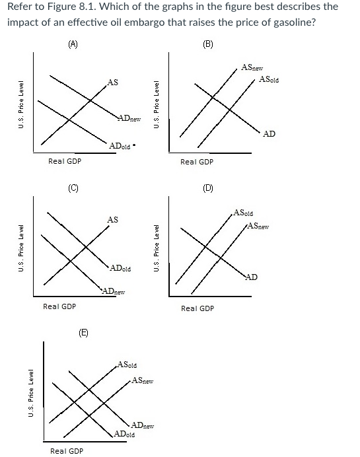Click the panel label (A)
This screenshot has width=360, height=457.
click(x=73, y=44)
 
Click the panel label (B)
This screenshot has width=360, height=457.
click(x=207, y=44)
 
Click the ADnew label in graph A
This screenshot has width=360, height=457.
click(x=129, y=119)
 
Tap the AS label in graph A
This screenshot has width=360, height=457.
click(x=113, y=82)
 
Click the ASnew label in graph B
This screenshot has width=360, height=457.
click(x=253, y=67)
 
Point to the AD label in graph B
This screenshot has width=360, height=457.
click(x=269, y=134)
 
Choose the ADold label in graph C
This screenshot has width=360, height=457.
click(x=120, y=269)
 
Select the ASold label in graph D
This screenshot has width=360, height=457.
click(x=243, y=213)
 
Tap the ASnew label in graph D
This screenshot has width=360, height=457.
click(x=260, y=227)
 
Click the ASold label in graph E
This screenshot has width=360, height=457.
click(x=127, y=365)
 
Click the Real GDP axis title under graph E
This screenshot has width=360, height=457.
click(x=67, y=451)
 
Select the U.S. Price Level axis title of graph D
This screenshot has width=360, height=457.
click(x=157, y=250)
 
